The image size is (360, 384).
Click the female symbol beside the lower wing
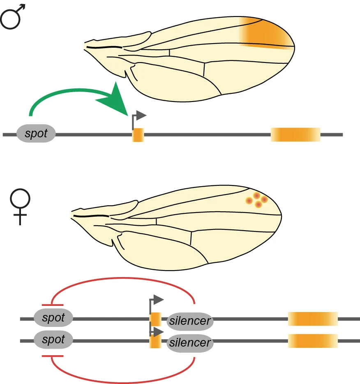click(x=20, y=206)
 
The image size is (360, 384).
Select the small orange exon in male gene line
click(x=138, y=135)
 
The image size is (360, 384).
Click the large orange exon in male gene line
click(x=295, y=134)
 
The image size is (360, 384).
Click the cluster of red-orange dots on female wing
click(x=256, y=200)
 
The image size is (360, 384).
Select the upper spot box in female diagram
click(x=53, y=318)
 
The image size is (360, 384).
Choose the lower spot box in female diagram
click(x=53, y=340)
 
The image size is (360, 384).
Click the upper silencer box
click(x=190, y=320)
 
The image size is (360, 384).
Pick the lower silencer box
click(x=190, y=342)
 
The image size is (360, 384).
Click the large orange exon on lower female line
click(x=313, y=340)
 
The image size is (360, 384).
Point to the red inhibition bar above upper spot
click(x=53, y=305)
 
